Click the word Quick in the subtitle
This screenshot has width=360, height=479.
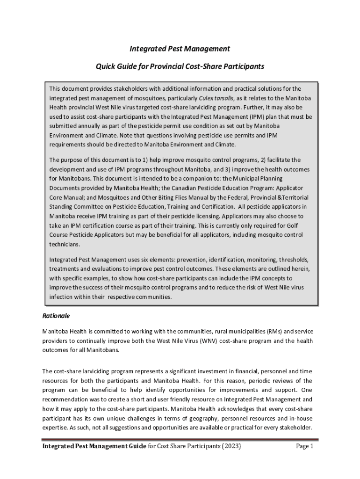pyautogui.click(x=106, y=66)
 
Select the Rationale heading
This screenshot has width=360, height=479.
pyautogui.click(x=57, y=316)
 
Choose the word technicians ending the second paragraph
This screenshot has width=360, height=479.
pyautogui.click(x=65, y=244)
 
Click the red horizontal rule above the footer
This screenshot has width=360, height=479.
pyautogui.click(x=180, y=439)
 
